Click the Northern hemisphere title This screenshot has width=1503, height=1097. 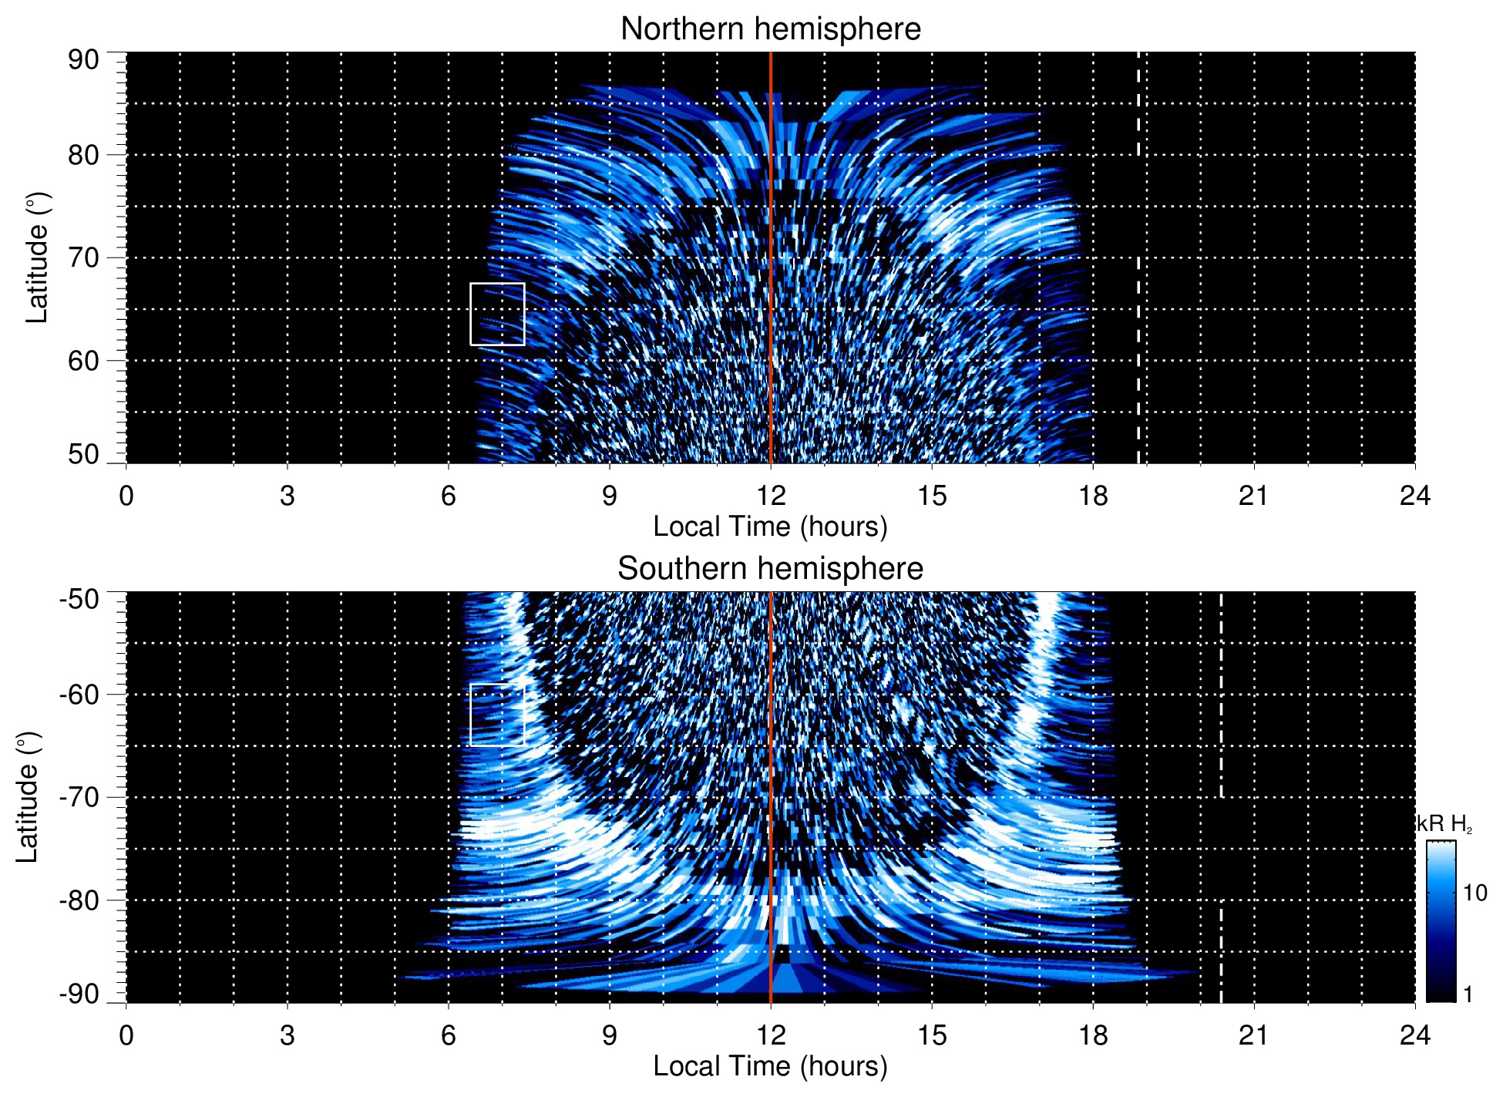point(770,29)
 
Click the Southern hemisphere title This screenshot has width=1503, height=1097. point(770,569)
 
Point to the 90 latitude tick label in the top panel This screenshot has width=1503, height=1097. point(83,60)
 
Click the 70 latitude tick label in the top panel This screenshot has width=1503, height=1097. point(83,257)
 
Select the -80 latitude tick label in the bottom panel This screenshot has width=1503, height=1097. point(79,900)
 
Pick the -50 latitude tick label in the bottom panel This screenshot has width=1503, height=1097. point(79,598)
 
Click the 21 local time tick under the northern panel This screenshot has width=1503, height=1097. point(1253,496)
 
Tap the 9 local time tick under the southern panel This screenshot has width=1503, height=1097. point(610,1035)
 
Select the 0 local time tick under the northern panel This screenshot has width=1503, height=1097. point(126,496)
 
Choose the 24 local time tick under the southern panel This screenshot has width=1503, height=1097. point(1414,1035)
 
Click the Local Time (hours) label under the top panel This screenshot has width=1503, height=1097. point(770,527)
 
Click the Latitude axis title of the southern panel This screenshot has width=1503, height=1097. point(28,797)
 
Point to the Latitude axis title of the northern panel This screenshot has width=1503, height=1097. point(37,257)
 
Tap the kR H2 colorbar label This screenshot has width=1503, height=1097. point(1445,824)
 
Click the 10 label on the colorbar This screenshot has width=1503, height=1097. point(1474,893)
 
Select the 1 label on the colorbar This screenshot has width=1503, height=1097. point(1468,994)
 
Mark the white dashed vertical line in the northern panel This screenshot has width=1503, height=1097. point(1138,231)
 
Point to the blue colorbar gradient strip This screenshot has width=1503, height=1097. point(1440,921)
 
